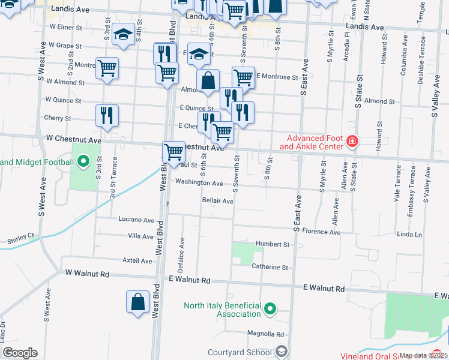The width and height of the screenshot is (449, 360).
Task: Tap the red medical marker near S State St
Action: pos(352,142)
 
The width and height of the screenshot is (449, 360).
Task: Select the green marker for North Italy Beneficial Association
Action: pos(271,310)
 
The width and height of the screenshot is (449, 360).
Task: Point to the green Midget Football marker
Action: pos(83,161)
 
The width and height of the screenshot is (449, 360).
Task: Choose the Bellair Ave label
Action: pos(217,201)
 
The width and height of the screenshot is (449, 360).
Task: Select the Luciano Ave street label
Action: pos(136,220)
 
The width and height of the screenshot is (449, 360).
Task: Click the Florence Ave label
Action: pos(321,232)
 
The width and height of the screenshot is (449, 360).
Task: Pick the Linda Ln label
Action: pos(409,234)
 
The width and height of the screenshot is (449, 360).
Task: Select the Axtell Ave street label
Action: pos(137,261)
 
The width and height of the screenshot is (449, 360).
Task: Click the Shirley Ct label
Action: pos(20,239)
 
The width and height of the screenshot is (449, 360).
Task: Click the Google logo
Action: pos(20,353)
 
